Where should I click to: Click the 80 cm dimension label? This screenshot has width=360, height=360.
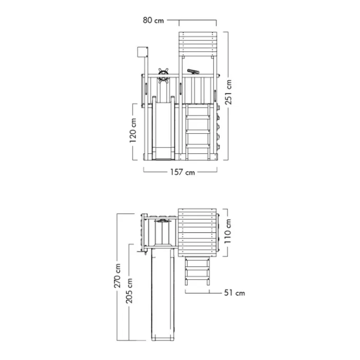[154, 21]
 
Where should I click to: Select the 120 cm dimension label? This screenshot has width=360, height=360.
[134, 130]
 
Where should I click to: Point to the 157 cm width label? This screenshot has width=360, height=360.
[182, 172]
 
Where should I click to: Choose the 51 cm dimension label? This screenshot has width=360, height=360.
[233, 292]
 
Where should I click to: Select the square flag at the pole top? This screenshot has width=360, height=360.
[140, 51]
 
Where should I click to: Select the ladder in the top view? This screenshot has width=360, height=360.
[197, 273]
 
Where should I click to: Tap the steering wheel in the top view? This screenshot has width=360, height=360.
[163, 222]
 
